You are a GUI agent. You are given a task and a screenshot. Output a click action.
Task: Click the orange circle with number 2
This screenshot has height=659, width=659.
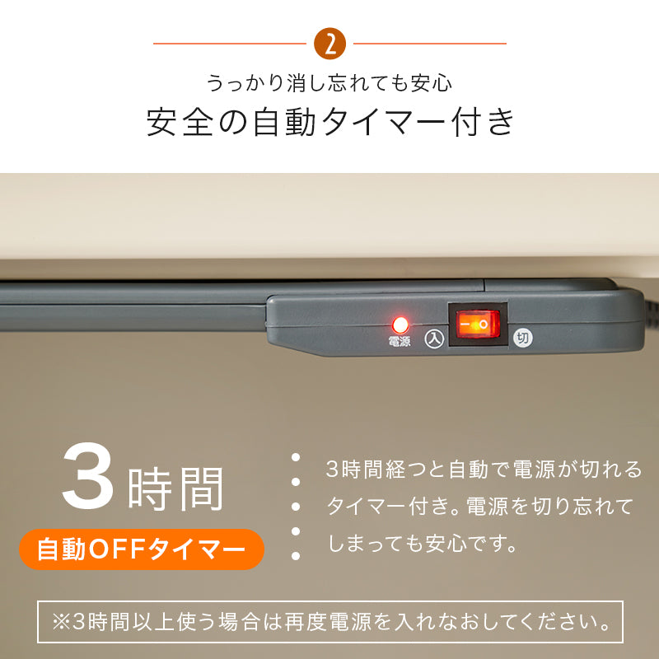330,44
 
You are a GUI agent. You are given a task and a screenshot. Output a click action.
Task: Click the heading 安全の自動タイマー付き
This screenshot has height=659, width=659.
330,122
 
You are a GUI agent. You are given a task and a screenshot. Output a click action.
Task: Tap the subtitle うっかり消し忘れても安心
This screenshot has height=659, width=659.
329,83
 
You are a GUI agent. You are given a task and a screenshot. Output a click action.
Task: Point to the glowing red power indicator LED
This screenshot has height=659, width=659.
401,324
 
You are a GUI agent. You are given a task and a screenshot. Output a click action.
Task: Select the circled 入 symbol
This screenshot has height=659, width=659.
434,339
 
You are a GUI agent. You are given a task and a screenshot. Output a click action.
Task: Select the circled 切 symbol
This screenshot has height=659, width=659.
521,338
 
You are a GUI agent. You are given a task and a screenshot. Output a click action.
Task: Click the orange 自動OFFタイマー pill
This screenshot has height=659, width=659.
142,549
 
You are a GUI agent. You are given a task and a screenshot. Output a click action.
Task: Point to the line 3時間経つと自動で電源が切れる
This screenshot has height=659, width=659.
484,470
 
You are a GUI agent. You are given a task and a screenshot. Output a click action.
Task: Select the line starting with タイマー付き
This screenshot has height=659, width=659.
480,507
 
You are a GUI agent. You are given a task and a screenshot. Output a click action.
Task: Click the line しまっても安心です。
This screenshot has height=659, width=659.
423,544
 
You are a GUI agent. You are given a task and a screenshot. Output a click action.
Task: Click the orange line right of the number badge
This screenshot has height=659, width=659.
429,44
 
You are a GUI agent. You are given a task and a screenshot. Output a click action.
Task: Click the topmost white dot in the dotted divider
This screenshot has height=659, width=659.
295,458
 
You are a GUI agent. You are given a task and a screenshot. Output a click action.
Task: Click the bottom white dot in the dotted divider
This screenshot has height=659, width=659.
295,557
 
